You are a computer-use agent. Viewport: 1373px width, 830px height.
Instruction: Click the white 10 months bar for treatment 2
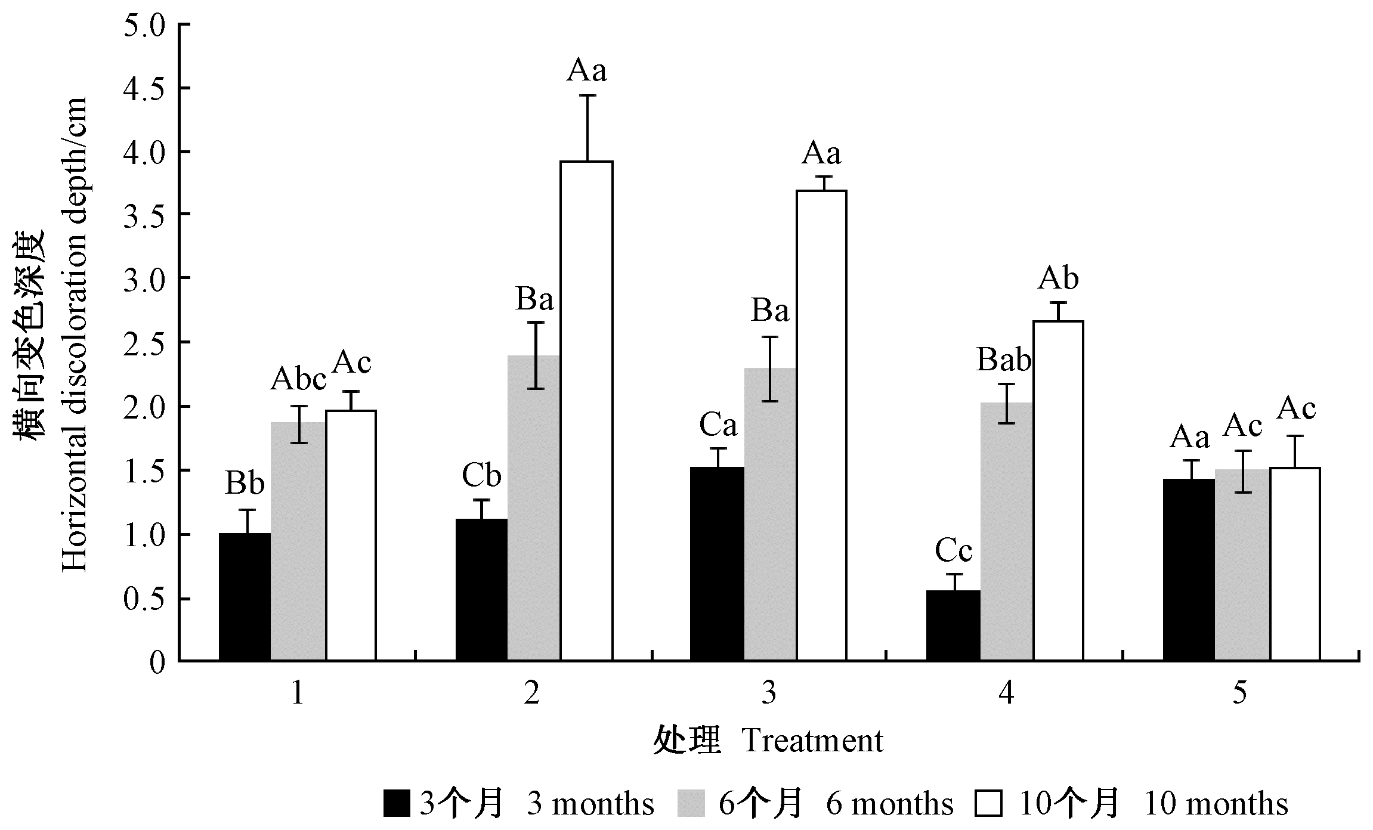586,411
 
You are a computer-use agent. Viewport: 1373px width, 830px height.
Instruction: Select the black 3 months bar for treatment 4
953,626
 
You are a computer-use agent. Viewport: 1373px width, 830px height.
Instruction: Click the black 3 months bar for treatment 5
1189,570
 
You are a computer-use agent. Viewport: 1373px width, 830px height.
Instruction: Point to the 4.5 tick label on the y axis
143,89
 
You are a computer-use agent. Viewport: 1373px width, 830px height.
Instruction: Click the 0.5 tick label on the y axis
143,599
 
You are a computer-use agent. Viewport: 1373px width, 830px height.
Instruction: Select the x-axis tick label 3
769,693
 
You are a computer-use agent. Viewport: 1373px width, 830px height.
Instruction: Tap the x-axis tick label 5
1239,693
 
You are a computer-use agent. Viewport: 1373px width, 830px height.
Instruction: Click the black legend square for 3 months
396,803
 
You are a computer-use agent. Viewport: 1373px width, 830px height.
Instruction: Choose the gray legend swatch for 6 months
692,803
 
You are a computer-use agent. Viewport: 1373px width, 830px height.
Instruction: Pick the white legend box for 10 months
988,803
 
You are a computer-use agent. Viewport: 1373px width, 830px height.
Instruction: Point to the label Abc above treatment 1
298,380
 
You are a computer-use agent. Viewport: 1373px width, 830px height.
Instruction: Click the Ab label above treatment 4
1058,279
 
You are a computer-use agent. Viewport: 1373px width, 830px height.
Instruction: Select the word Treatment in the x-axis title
812,741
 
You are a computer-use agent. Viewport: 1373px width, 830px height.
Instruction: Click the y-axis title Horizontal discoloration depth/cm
74,334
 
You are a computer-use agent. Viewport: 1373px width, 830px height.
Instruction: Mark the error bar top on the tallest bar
587,95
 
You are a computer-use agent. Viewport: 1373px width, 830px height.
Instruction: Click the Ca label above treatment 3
718,426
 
